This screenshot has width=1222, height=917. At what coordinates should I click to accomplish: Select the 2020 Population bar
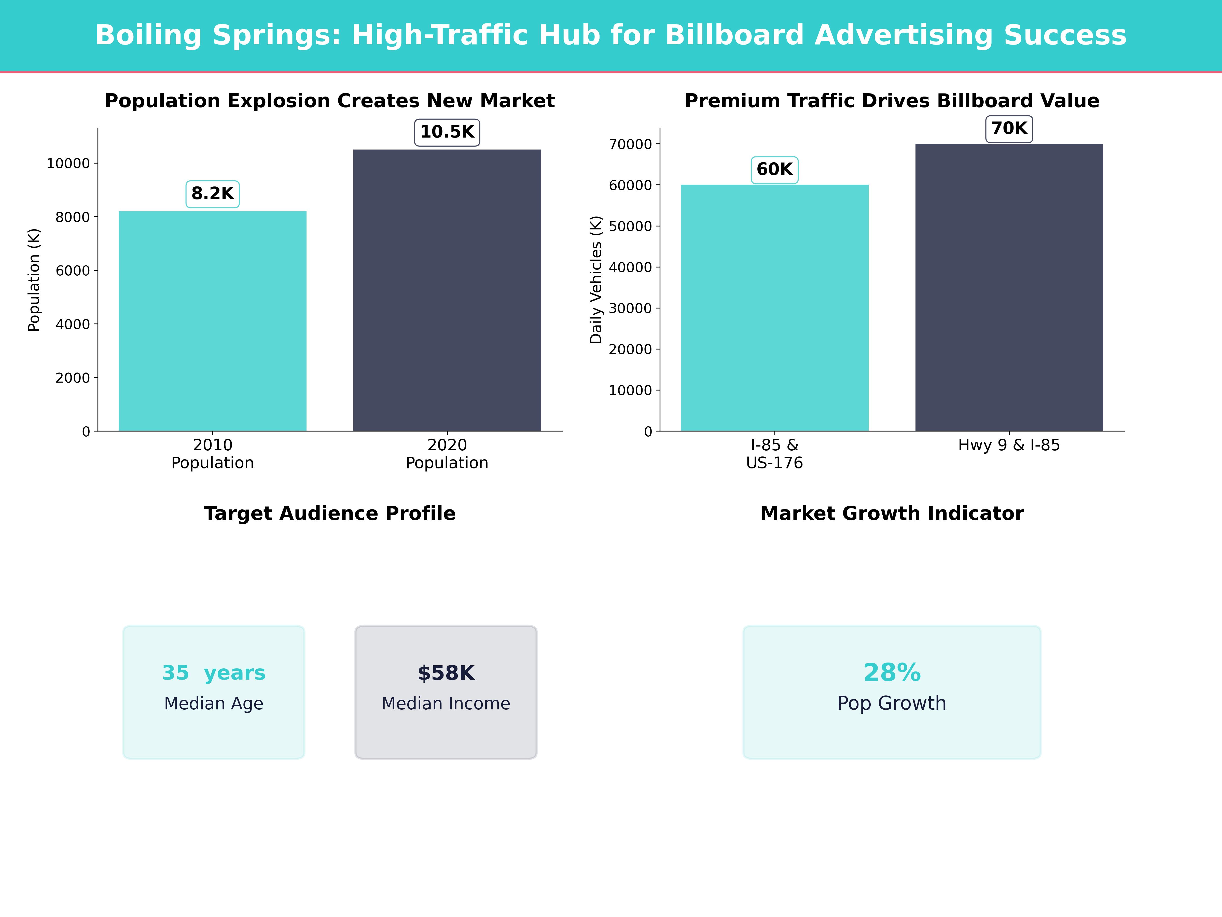447,290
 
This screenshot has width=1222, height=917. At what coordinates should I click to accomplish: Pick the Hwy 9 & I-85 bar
1009,287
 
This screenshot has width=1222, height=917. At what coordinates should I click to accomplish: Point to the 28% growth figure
892,673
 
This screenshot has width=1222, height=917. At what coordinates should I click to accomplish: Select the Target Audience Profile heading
330,514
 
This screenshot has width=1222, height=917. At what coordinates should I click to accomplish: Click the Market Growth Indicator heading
892,514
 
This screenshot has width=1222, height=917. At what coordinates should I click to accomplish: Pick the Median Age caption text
213,704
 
